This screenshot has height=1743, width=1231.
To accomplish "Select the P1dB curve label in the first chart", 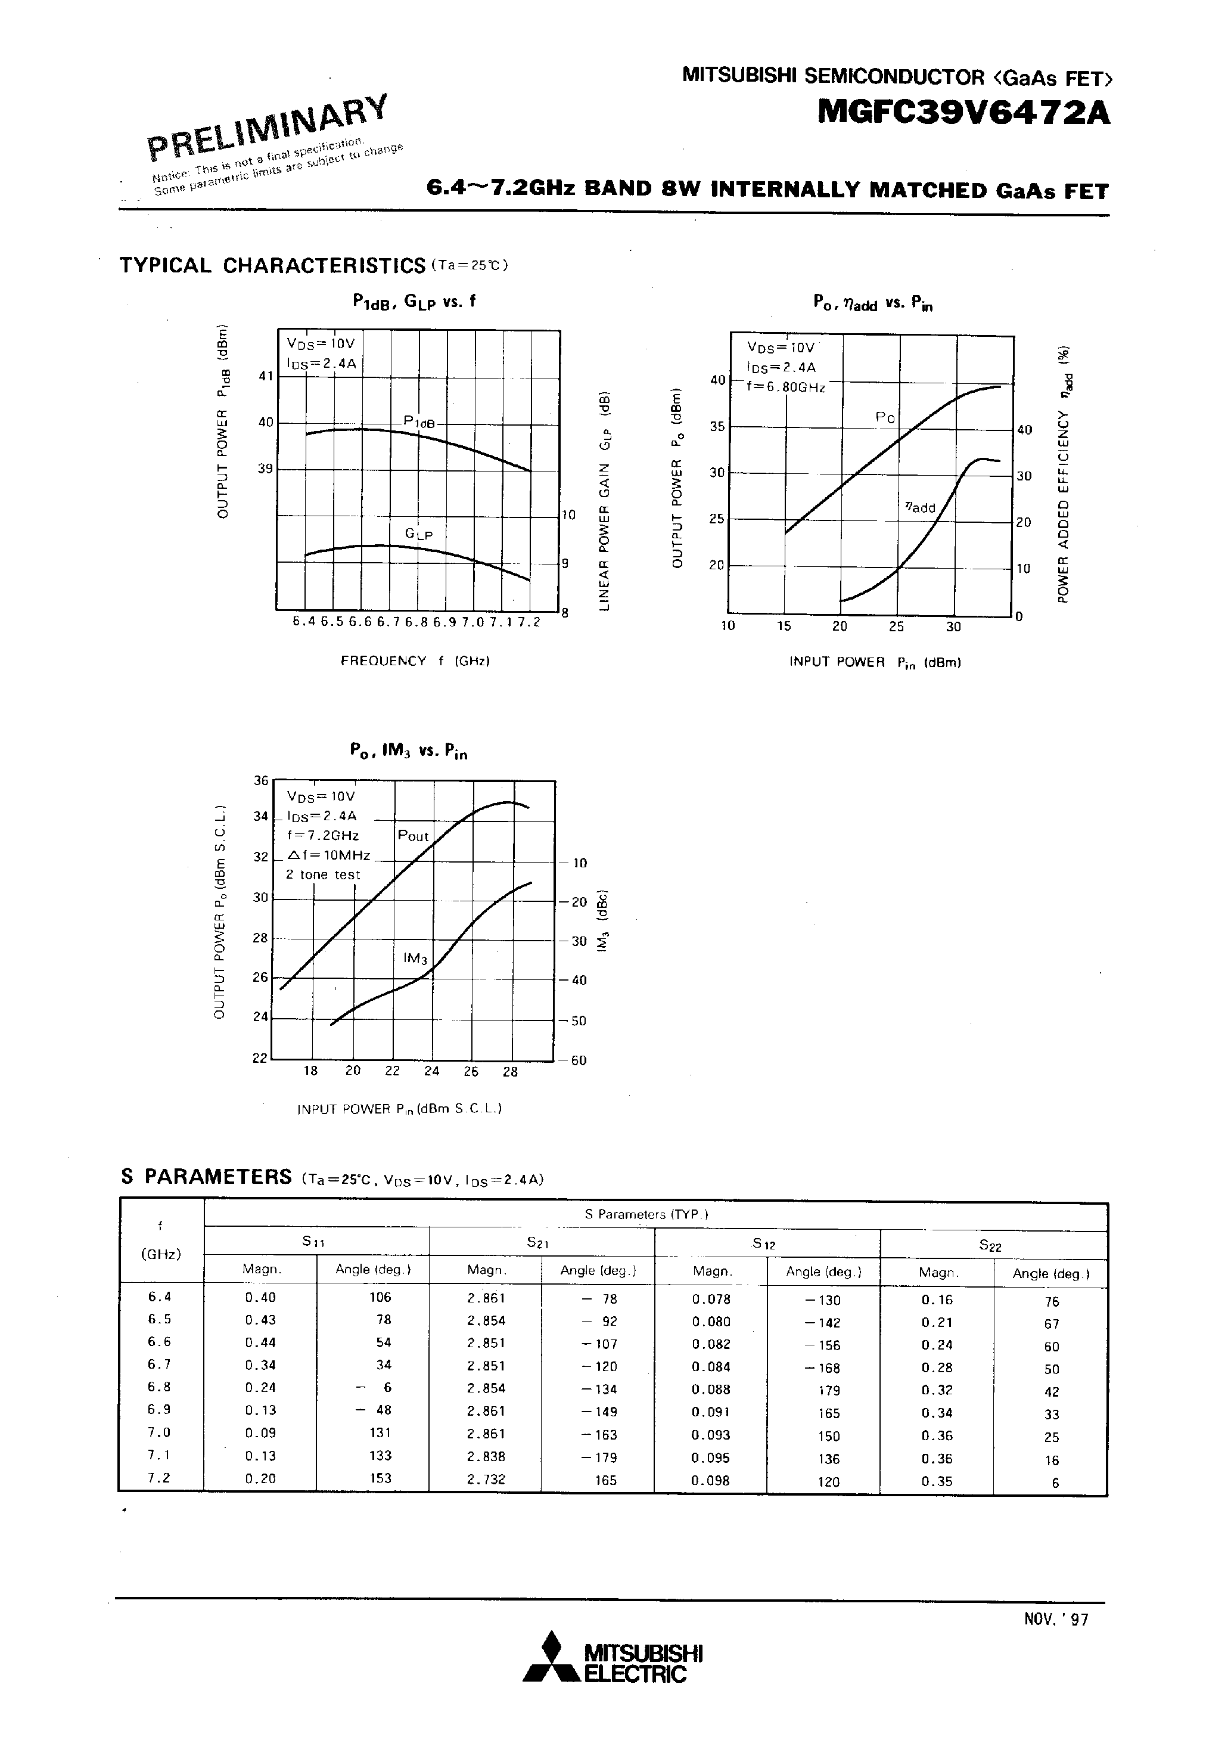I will (419, 422).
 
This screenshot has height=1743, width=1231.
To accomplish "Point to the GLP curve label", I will (418, 535).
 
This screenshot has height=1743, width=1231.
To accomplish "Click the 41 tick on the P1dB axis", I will (266, 376).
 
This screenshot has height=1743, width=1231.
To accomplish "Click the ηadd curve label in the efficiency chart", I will (920, 507).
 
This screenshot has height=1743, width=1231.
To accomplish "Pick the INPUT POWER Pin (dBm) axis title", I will (875, 662).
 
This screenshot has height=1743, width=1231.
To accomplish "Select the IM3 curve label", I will (415, 959).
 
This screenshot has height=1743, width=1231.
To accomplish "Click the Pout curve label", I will (414, 836).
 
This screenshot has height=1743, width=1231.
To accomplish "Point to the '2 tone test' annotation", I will (322, 874).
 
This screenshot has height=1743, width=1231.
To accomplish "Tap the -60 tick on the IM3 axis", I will (574, 1060).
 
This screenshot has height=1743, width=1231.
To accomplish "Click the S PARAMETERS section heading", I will (206, 1177).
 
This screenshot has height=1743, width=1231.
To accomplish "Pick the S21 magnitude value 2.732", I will (486, 1479).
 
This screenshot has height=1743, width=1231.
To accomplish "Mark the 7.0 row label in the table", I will (160, 1432).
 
